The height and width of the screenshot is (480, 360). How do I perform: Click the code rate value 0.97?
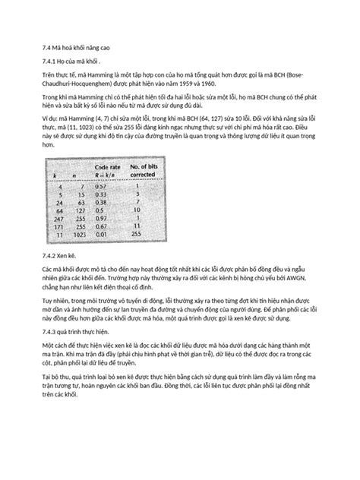100,219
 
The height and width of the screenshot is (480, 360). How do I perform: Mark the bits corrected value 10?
137,210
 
